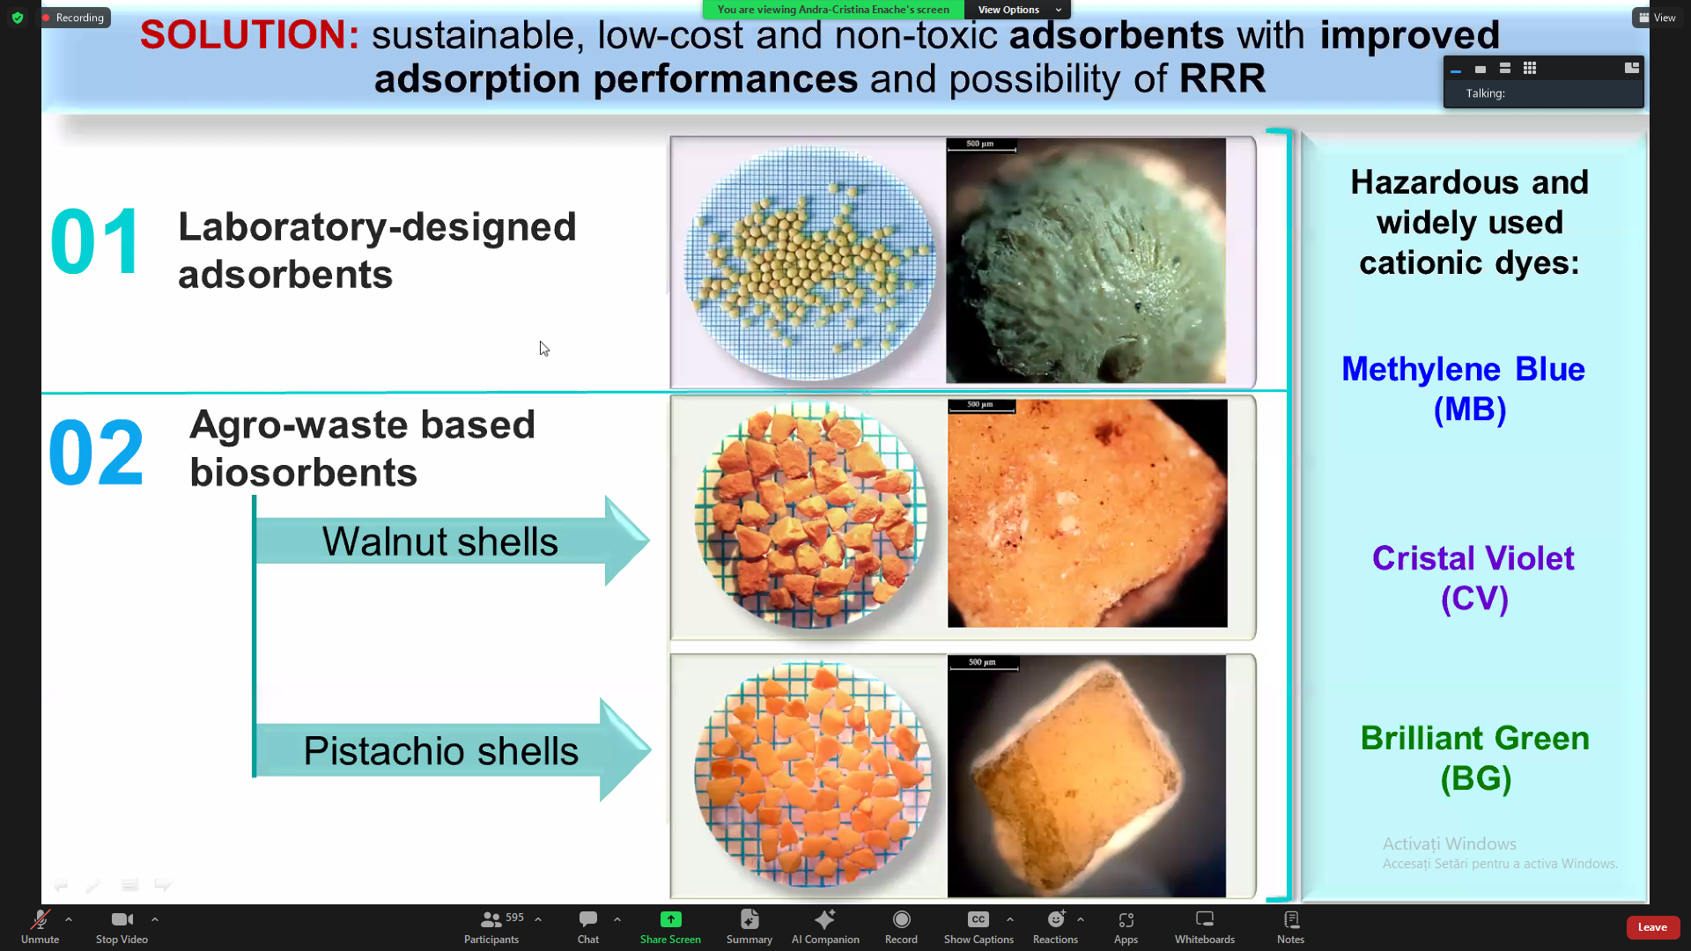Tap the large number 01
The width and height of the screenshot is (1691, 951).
pyautogui.click(x=95, y=241)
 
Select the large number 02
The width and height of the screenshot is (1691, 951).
pyautogui.click(x=96, y=453)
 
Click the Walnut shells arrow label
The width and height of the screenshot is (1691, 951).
pyautogui.click(x=440, y=542)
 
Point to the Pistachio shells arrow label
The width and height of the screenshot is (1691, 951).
pyautogui.click(x=441, y=751)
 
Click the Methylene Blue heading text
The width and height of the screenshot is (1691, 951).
pyautogui.click(x=1464, y=369)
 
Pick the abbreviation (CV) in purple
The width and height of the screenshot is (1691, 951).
pyautogui.click(x=1475, y=599)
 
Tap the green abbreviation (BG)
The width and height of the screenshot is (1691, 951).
pyautogui.click(x=1476, y=778)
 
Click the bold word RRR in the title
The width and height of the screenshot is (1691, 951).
pyautogui.click(x=1222, y=78)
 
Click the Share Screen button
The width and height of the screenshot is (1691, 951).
pyautogui.click(x=670, y=927)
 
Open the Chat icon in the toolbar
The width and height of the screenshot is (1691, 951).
pyautogui.click(x=588, y=927)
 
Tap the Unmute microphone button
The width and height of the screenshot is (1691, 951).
pyautogui.click(x=41, y=927)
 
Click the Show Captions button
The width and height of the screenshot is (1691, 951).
pyautogui.click(x=978, y=927)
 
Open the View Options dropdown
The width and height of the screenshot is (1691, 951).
pyautogui.click(x=1018, y=10)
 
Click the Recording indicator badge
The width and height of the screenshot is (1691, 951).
pyautogui.click(x=74, y=18)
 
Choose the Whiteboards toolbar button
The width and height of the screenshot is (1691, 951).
pyautogui.click(x=1205, y=927)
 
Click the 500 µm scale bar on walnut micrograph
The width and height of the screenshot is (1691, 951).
pyautogui.click(x=982, y=406)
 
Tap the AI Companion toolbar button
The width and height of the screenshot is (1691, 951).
pyautogui.click(x=825, y=927)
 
